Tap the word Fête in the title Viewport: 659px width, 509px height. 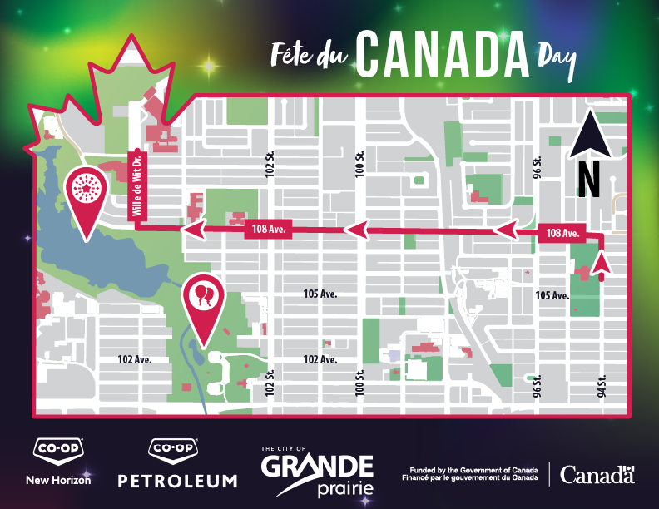click(x=293, y=54)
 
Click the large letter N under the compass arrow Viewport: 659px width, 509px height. click(x=589, y=179)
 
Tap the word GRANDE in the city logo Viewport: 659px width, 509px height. click(x=317, y=466)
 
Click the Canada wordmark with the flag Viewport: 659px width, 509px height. click(x=597, y=475)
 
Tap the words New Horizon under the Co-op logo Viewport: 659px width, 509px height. click(x=58, y=480)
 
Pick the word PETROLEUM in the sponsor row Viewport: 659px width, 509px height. click(x=177, y=481)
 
